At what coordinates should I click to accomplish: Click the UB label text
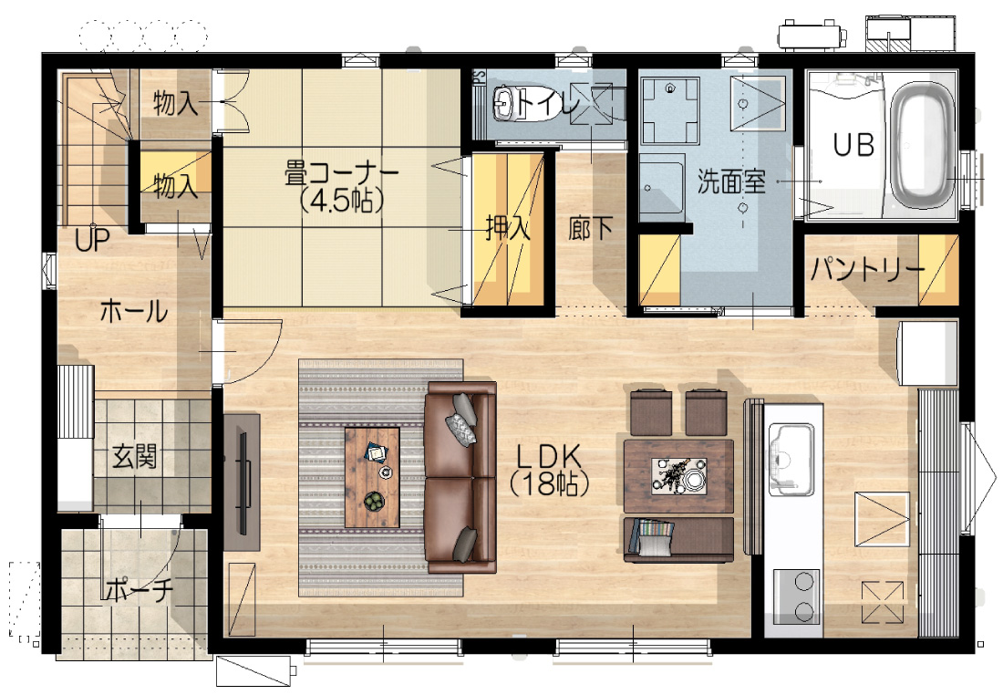pos(853,145)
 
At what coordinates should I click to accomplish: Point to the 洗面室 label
pos(731,182)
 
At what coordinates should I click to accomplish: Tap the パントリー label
pos(867,269)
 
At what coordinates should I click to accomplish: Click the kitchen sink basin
pos(791,459)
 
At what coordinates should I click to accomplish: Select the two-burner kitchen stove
pos(797,596)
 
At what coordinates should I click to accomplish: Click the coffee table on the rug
pos(372,477)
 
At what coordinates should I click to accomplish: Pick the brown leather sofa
pos(460,477)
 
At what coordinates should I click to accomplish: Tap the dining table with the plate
pos(678,476)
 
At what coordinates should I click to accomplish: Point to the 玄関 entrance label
pos(134,457)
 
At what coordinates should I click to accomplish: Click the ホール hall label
pos(134,312)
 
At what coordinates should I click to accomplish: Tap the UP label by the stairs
pos(92,241)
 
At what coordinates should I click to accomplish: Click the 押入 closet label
pos(508,227)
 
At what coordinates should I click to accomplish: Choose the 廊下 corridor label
pos(591,228)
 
